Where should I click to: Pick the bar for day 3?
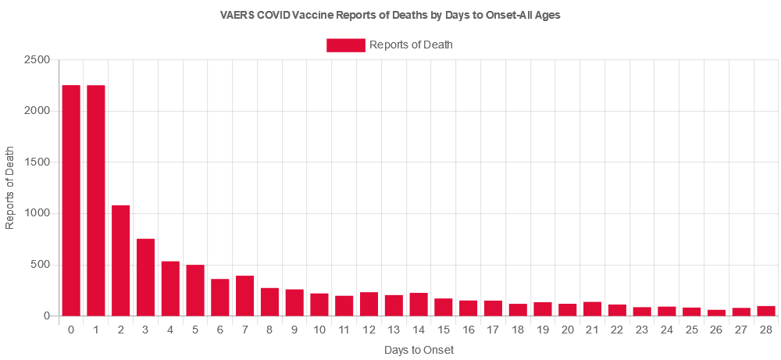(146, 277)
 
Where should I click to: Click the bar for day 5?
(195, 290)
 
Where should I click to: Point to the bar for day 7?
(244, 296)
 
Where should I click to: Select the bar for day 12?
(369, 304)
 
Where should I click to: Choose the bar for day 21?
(592, 308)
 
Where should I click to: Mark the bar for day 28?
(766, 311)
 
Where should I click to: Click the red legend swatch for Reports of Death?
(345, 45)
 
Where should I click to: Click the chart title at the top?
(390, 15)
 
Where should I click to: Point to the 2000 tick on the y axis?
(39, 111)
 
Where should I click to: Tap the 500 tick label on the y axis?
(41, 265)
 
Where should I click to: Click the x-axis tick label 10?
(319, 331)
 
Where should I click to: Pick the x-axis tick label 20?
(567, 331)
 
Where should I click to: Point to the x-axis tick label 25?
(691, 331)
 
